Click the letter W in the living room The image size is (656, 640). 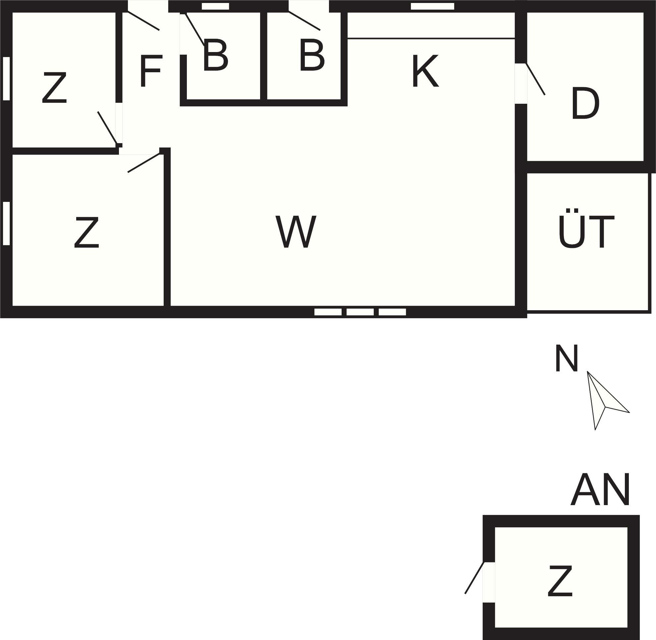pyautogui.click(x=296, y=232)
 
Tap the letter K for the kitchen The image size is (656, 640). pyautogui.click(x=425, y=71)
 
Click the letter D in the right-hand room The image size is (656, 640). pyautogui.click(x=585, y=103)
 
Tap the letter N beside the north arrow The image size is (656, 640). pyautogui.click(x=567, y=358)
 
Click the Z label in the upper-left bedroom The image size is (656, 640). pyautogui.click(x=54, y=88)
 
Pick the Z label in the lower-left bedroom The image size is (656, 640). pyautogui.click(x=86, y=232)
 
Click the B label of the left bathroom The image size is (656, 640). pyautogui.click(x=215, y=55)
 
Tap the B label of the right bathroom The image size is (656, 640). pyautogui.click(x=312, y=55)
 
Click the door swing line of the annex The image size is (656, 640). pyautogui.click(x=474, y=577)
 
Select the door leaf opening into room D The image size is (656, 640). pyautogui.click(x=535, y=79)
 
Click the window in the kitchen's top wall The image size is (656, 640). pyautogui.click(x=432, y=6)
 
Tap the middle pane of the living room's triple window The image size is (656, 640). pyautogui.click(x=360, y=312)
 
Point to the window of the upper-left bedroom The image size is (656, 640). pyautogui.click(x=6, y=78)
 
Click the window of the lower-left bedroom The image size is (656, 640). pyautogui.click(x=6, y=223)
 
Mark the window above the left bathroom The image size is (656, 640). pyautogui.click(x=215, y=6)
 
